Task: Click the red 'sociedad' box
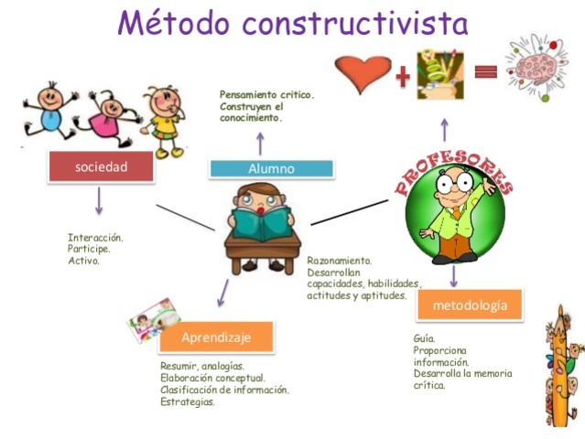point(100,167)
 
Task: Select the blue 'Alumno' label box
point(271,168)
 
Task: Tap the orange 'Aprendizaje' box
point(216,337)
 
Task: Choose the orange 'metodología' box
point(469,305)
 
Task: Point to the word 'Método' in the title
point(170,23)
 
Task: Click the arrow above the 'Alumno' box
point(260,142)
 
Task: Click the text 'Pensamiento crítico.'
point(266,94)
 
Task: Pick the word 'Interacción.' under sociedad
point(95,238)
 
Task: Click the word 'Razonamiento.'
point(339,261)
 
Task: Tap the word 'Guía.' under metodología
point(424,338)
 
